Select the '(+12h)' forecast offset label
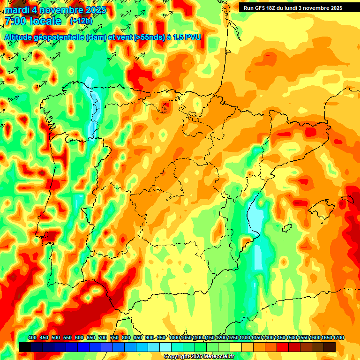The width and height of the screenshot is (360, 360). [x=81, y=21]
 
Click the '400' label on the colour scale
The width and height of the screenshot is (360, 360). [x=32, y=338]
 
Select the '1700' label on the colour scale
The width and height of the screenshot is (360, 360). [x=326, y=338]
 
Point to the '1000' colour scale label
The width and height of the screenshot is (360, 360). [x=174, y=338]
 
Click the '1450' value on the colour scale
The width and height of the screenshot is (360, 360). [x=280, y=338]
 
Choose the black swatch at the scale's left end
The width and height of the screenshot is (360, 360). [x=25, y=347]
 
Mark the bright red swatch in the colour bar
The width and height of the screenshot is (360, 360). [x=283, y=347]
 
